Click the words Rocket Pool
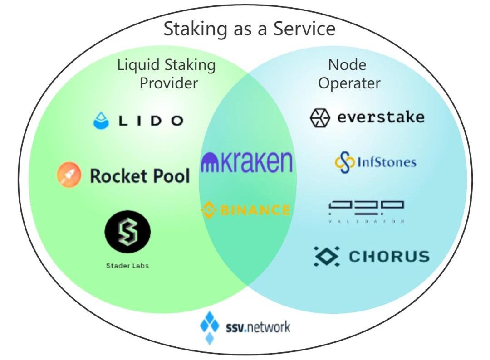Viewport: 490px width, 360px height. click(140, 176)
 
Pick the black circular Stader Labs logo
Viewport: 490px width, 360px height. click(127, 233)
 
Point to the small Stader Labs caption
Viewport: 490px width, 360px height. click(127, 266)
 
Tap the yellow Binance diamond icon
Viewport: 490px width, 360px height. click(208, 210)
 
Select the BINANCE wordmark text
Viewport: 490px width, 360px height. click(253, 210)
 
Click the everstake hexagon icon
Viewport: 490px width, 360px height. click(320, 118)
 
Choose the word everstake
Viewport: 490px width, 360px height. click(381, 117)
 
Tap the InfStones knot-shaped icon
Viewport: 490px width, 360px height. click(344, 163)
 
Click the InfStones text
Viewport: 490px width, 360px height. click(386, 162)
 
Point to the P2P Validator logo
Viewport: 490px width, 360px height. click(366, 211)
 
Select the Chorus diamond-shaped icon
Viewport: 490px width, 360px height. click(326, 256)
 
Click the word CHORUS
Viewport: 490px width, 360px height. click(389, 257)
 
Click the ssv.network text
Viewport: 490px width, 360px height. click(258, 326)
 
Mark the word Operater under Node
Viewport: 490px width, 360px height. click(349, 83)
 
